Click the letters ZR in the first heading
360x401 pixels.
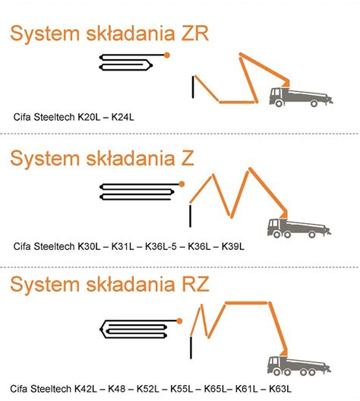point(195,33)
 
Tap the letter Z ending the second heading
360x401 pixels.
point(187,158)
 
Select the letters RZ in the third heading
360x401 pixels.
point(195,284)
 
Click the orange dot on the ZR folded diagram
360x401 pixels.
point(166,55)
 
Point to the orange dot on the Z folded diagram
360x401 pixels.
point(182,184)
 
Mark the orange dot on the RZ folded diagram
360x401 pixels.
point(179,320)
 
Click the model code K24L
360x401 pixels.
point(123,117)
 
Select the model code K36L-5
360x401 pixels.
point(161,246)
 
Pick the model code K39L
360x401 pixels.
point(232,246)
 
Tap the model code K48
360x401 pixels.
point(117,389)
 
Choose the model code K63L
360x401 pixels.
point(280,389)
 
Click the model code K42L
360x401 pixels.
point(86,389)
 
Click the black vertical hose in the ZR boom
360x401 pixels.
point(193,87)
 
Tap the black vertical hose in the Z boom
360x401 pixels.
point(190,216)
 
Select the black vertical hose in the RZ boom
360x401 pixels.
point(191,348)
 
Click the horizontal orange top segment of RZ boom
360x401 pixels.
point(247,303)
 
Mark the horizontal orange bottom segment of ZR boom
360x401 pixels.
point(237,102)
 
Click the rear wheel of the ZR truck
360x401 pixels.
point(314,103)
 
